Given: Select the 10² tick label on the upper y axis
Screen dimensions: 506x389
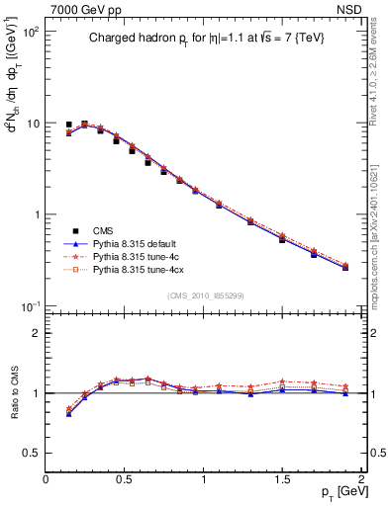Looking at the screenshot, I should [30, 33].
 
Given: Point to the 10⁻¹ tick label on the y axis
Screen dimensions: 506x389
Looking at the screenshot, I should [30, 306].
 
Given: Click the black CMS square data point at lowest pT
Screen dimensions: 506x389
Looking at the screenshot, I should [68, 126].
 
